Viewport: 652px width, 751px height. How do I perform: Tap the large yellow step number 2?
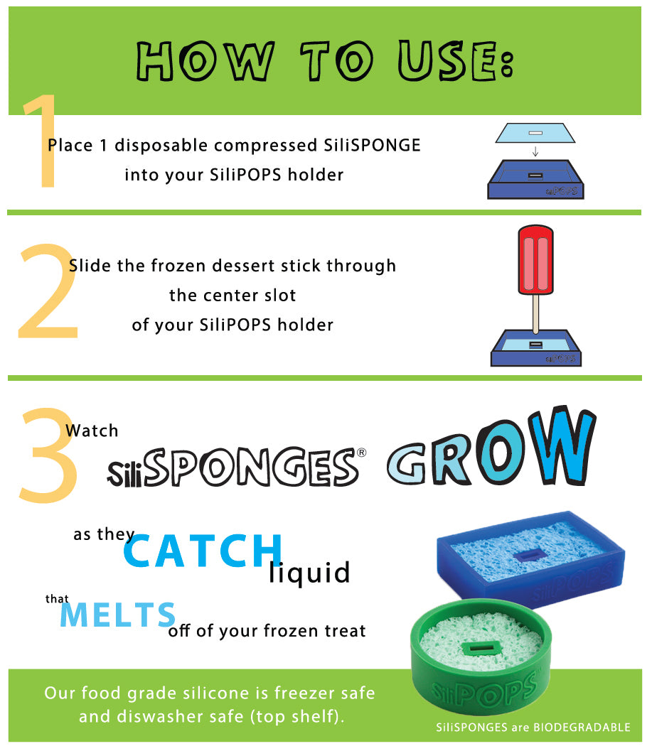point(48,291)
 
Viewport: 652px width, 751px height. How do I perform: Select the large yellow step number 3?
point(48,455)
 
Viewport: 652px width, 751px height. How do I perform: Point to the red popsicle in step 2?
point(536,260)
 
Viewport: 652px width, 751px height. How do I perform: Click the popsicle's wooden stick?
point(535,314)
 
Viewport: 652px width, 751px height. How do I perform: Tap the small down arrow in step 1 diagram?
point(535,151)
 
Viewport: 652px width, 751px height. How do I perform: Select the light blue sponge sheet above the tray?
point(535,133)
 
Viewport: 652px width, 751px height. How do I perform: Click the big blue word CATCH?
point(203,551)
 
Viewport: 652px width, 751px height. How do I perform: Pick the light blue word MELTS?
point(118,615)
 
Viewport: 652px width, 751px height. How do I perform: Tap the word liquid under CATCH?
point(309,573)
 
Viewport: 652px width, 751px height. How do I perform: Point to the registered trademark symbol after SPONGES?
point(362,452)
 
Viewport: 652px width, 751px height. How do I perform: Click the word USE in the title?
point(456,61)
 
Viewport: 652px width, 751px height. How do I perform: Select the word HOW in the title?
point(205,61)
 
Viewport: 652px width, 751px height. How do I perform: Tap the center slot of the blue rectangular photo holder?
point(530,555)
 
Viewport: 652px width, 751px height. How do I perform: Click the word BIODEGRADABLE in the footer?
point(582,728)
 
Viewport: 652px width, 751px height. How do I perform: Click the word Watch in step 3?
point(92,431)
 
